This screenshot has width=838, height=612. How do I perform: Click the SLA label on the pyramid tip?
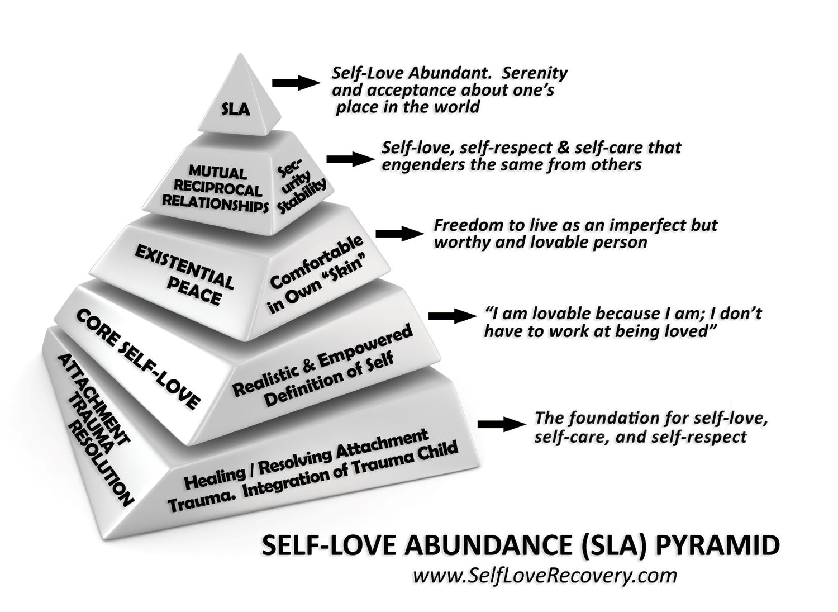(235, 108)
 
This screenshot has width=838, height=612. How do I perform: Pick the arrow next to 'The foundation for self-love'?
(498, 424)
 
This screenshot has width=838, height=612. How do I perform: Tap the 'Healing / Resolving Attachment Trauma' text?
(313, 467)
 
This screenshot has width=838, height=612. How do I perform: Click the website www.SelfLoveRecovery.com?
(545, 575)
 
